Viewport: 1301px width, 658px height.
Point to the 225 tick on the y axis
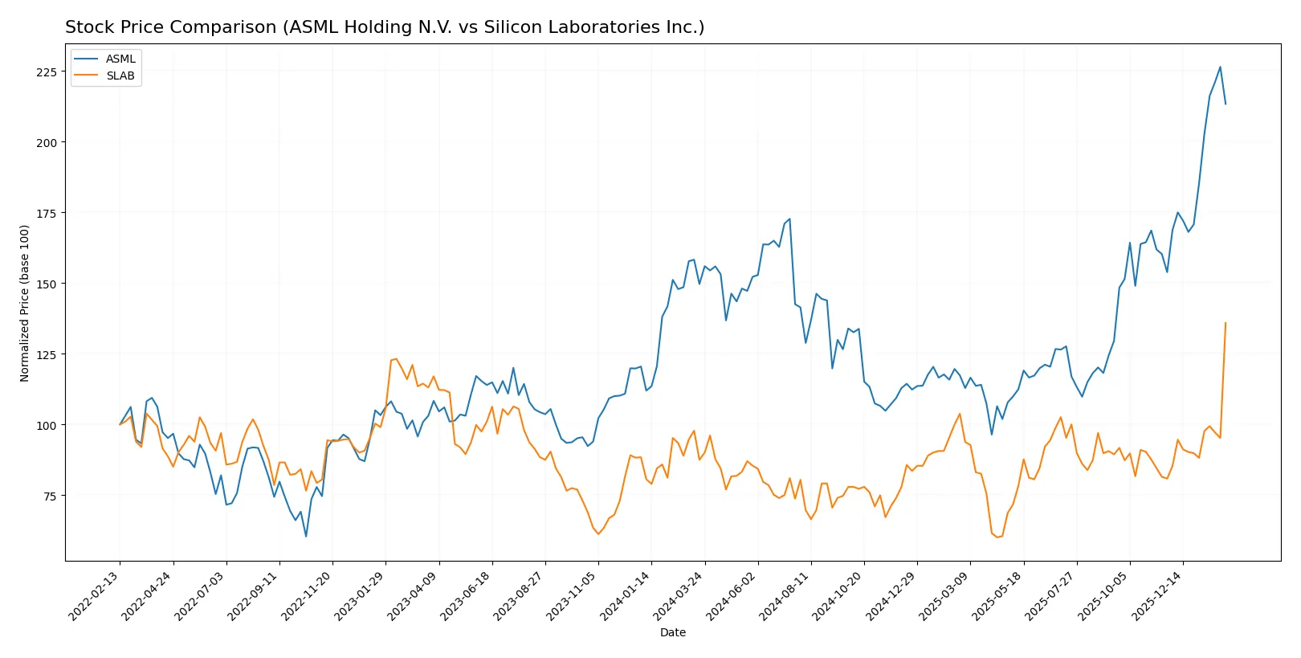47,72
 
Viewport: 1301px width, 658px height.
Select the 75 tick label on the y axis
49,497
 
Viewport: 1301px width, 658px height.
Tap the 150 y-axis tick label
47,284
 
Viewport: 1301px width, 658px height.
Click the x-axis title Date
672,633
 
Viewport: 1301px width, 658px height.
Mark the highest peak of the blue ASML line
1220,67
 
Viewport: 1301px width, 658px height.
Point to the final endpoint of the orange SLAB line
1226,323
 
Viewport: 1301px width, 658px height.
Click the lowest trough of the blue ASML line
306,536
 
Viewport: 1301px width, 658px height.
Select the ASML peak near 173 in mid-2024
789,219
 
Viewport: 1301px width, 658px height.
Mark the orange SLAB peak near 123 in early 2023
396,358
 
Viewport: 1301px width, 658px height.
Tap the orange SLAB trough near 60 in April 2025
997,537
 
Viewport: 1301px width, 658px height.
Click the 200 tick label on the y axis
47,143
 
